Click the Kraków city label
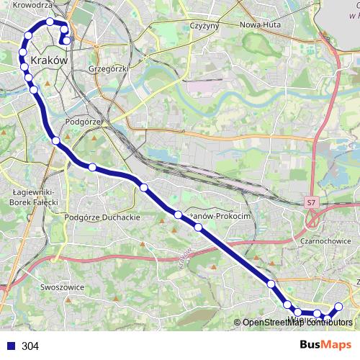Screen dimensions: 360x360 50,62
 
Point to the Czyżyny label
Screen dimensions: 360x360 204,25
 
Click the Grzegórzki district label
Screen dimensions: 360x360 107,69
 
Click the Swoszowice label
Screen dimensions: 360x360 63,287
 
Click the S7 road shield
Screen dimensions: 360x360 310,204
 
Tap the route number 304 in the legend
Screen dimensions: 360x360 30,346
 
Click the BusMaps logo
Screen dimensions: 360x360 326,346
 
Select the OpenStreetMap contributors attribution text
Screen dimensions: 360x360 297,323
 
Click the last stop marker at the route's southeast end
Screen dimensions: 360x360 339,307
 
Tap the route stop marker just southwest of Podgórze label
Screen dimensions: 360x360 55,140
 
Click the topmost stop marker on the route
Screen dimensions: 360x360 50,22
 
